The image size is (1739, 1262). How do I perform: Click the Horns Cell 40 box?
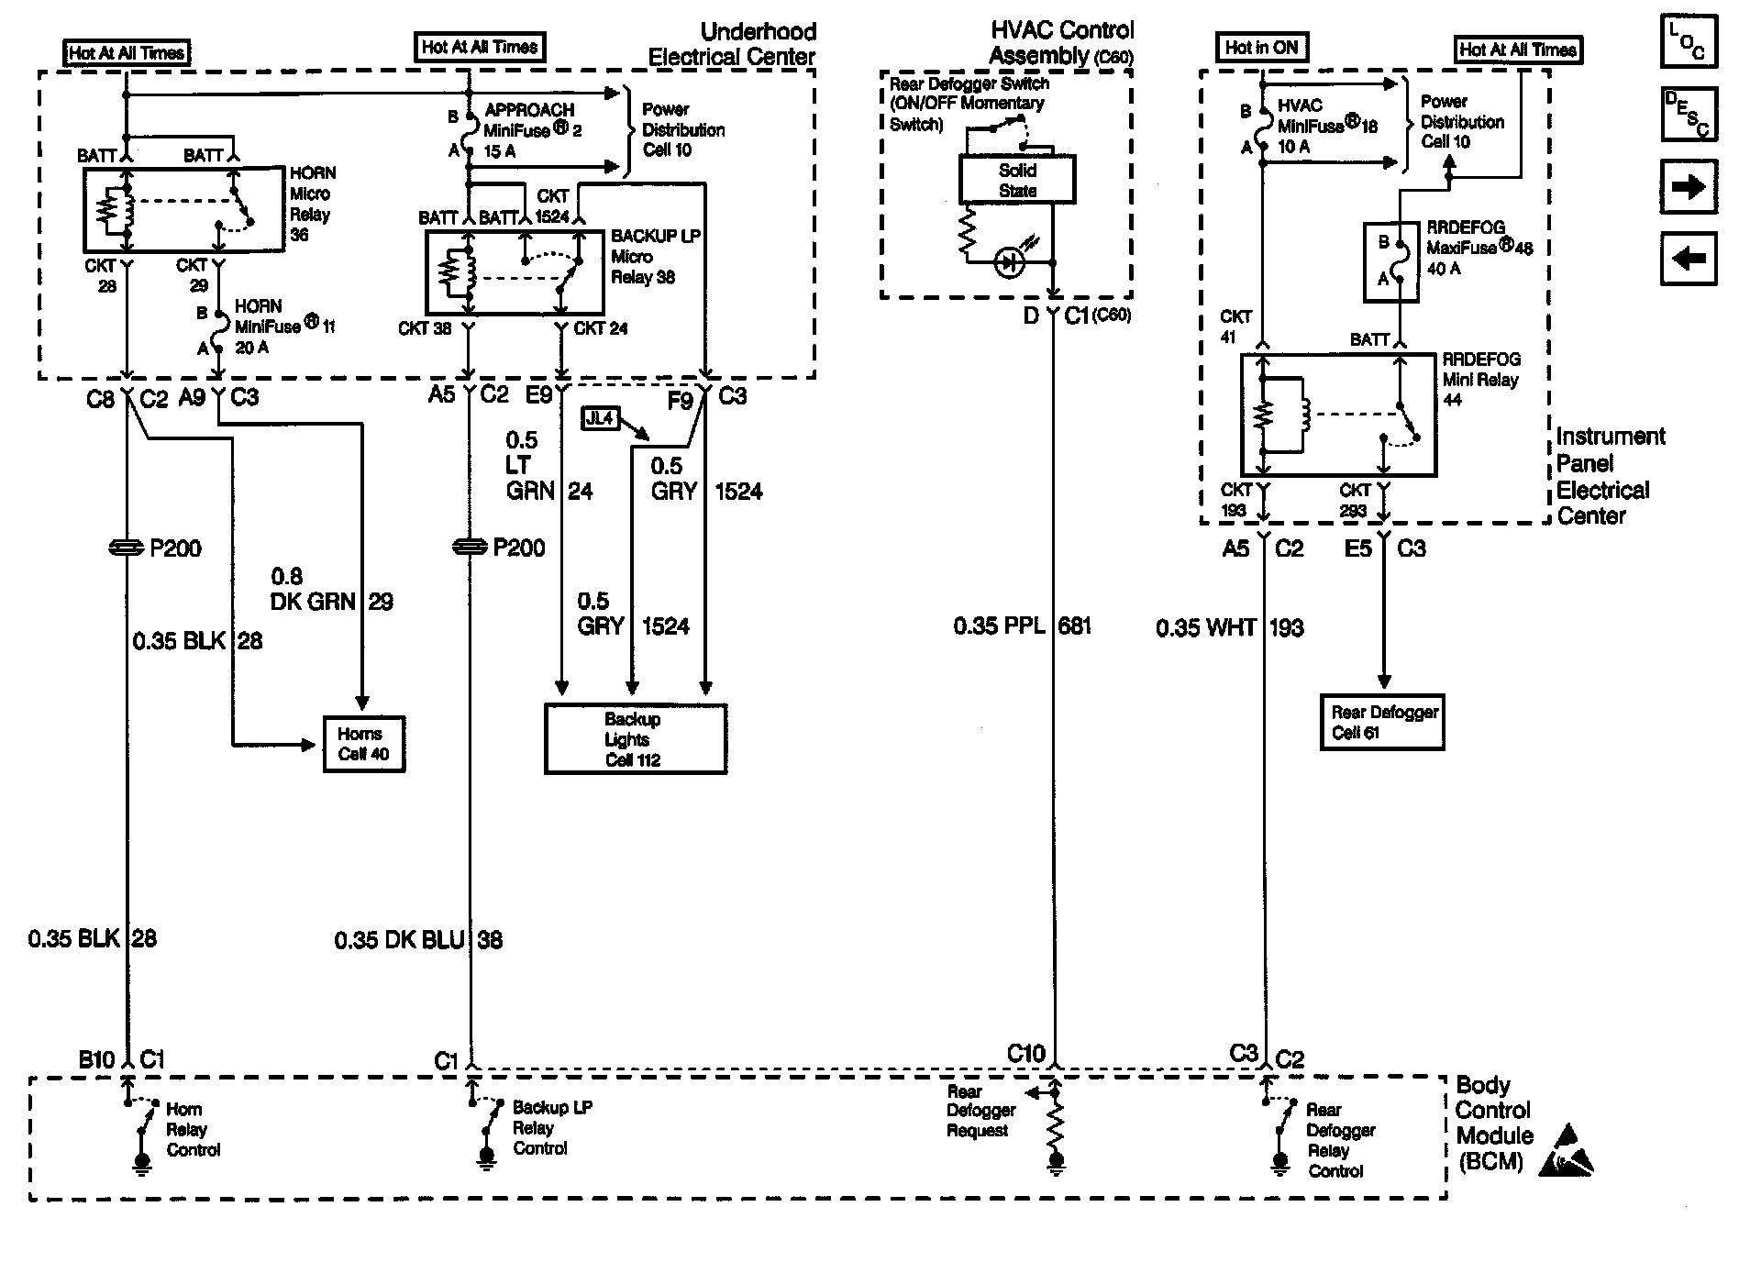[363, 744]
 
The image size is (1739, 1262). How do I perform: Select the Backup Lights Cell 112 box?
[635, 739]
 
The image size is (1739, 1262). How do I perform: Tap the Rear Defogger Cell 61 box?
[1382, 723]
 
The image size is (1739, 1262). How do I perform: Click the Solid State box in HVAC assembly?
[1016, 180]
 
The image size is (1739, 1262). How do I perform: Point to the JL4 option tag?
[599, 419]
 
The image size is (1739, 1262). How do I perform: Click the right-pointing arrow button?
[1688, 187]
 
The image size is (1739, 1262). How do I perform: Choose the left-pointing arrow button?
[1688, 259]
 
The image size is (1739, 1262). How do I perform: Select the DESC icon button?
[1688, 115]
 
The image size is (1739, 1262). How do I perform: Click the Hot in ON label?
[1261, 48]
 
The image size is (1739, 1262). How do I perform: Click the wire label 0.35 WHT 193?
[1229, 628]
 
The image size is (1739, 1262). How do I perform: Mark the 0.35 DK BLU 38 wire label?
[418, 940]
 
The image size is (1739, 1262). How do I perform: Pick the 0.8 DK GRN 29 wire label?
[331, 590]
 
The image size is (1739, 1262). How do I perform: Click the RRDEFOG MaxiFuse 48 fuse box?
[1390, 261]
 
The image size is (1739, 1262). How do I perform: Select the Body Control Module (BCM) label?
[1494, 1124]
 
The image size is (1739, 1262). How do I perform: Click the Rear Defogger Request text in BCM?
[980, 1112]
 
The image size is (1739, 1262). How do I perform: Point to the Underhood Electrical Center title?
[732, 44]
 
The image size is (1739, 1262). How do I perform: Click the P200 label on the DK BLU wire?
[518, 548]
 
